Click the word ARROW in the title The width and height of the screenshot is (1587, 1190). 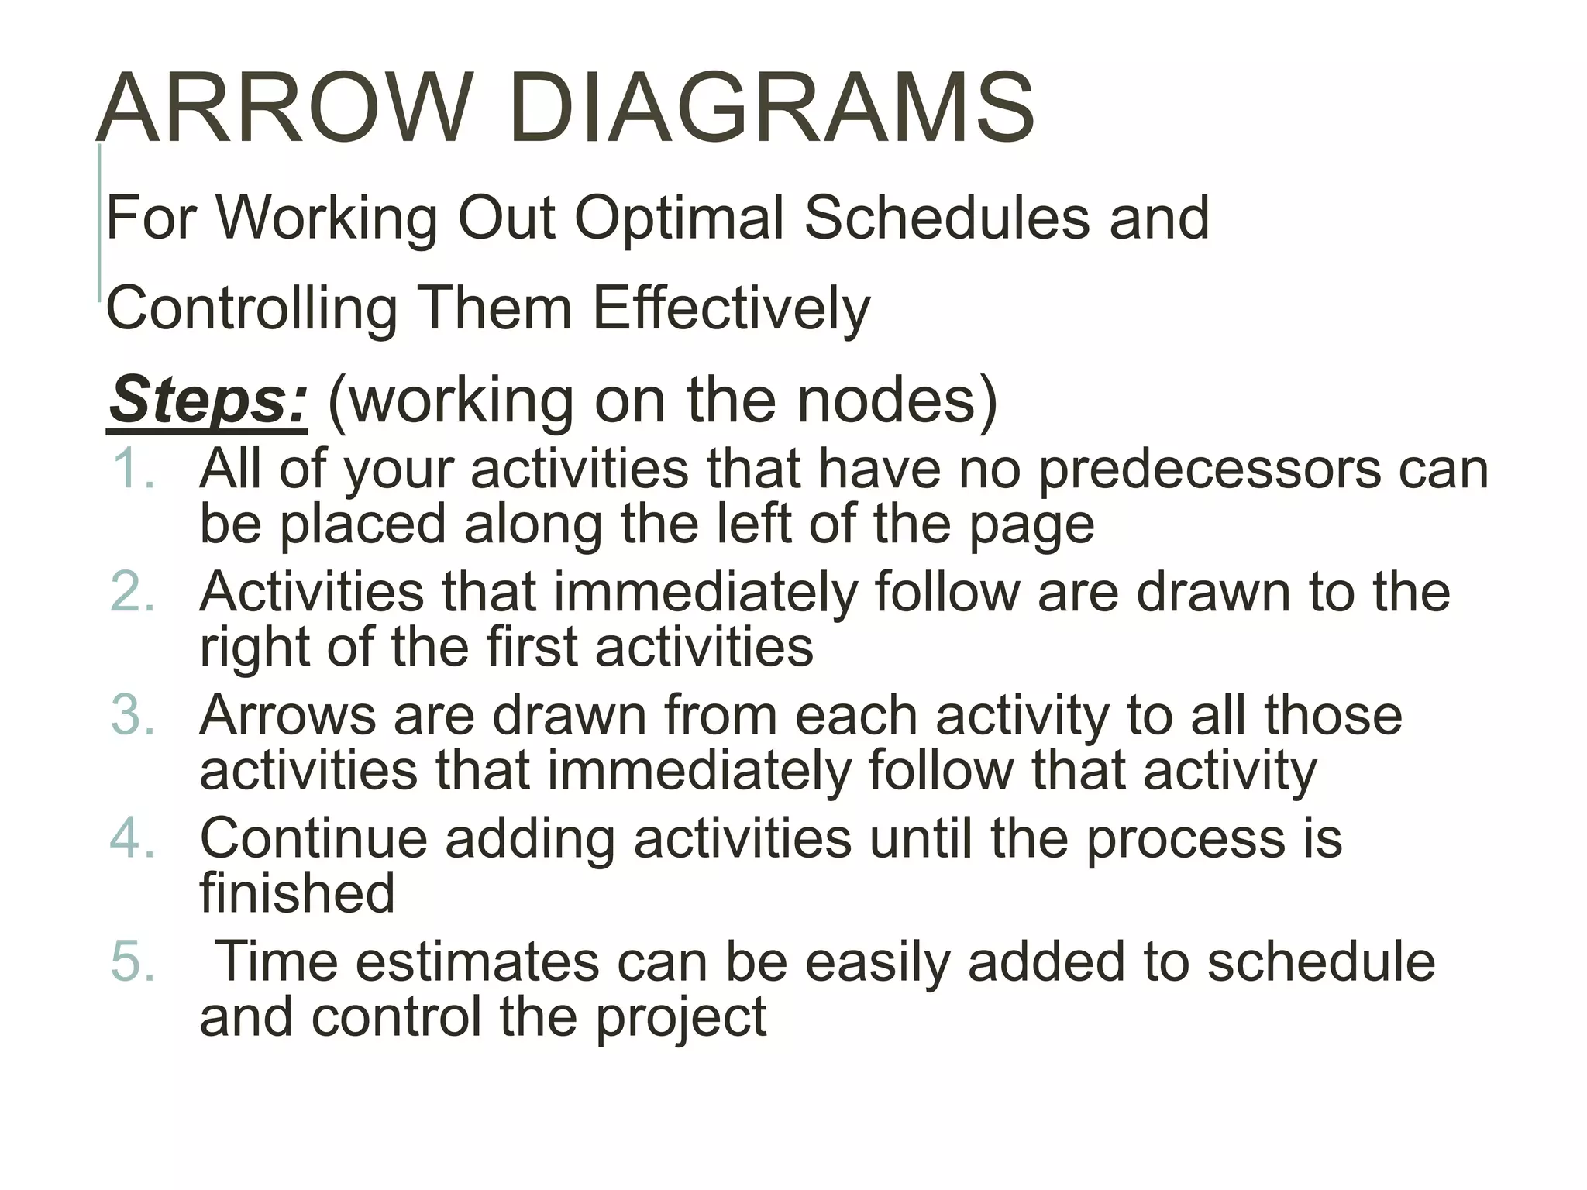tap(284, 108)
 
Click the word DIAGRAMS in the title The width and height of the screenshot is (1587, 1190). tap(771, 108)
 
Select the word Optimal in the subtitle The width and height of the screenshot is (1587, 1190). tap(680, 218)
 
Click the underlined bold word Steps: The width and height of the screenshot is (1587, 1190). tap(208, 400)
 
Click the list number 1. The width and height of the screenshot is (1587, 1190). tap(133, 469)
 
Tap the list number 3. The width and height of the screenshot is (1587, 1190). tap(133, 715)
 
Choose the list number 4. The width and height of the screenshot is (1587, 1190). tap(133, 838)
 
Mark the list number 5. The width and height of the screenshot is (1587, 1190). tap(133, 961)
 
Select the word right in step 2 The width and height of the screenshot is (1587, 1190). tap(254, 648)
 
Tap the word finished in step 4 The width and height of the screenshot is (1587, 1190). tap(298, 893)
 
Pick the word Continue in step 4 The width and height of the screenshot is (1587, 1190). tap(314, 838)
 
